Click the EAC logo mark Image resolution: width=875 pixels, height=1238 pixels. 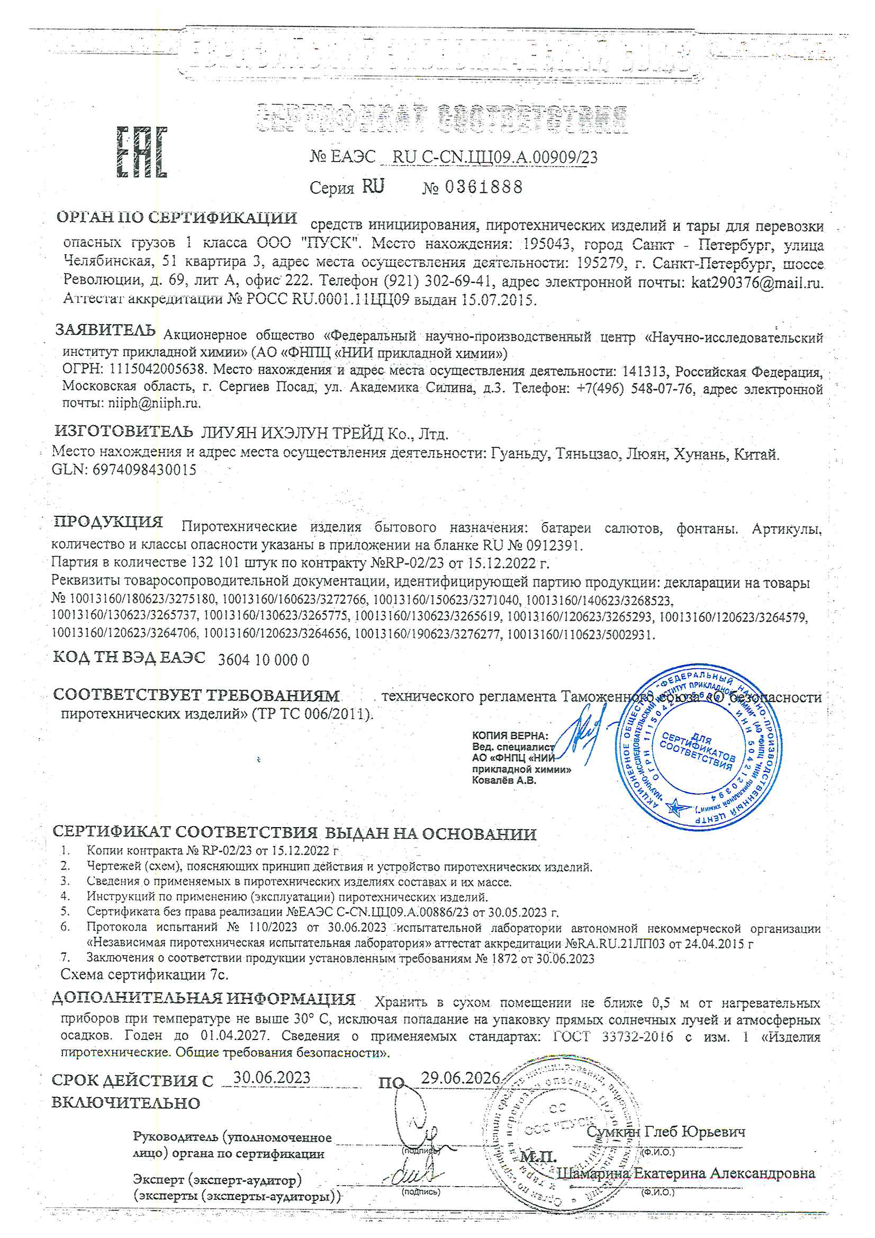tap(142, 152)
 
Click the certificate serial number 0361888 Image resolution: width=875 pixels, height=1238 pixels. tap(484, 187)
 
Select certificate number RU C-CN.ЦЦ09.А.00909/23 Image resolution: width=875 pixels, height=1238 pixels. tap(495, 157)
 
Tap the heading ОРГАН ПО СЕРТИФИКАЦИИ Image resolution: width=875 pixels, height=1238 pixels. tap(176, 218)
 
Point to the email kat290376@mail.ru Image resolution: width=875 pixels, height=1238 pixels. tap(757, 282)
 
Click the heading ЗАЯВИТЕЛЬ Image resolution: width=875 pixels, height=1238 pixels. tap(105, 330)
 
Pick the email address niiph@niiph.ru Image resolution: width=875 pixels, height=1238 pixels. tap(154, 403)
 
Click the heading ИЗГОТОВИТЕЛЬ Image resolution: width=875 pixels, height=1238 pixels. tap(123, 431)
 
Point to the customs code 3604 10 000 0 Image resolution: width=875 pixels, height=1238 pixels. tap(263, 660)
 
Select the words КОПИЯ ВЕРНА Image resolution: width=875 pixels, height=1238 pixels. tap(509, 735)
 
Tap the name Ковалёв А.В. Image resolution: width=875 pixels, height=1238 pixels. tap(503, 780)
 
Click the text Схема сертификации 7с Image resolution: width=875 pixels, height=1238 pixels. tap(145, 974)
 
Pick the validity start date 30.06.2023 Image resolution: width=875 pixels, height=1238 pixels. tap(272, 1078)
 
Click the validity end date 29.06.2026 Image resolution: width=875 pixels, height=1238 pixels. tap(460, 1078)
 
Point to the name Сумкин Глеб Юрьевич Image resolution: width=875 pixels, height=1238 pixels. tap(665, 1131)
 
